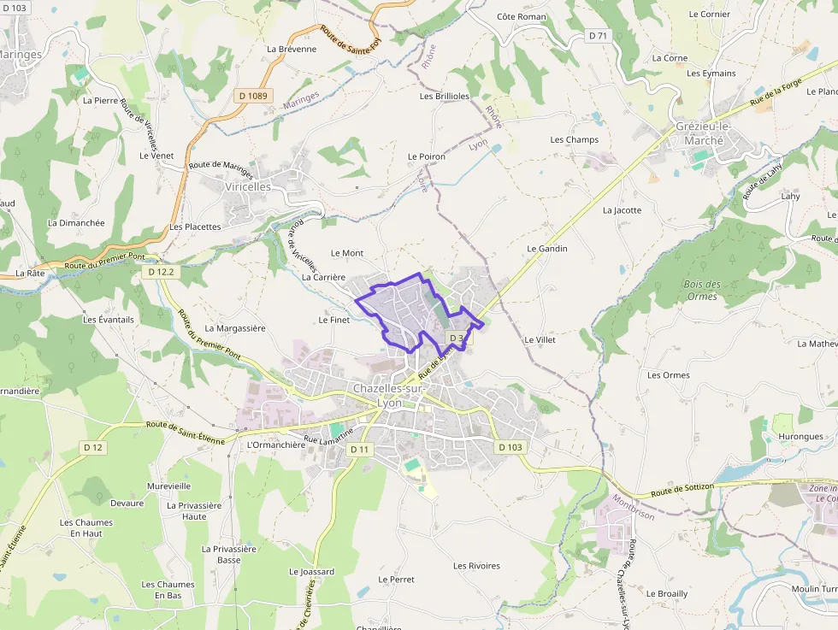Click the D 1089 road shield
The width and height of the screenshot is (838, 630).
tap(253, 96)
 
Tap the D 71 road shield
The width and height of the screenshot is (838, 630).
tap(599, 35)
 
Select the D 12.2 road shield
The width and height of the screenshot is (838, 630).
tap(160, 272)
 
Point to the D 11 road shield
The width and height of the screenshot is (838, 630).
tap(360, 450)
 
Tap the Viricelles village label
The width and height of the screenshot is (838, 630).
tap(247, 186)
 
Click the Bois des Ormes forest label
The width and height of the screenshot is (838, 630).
tap(702, 290)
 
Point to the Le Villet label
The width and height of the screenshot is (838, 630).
tap(540, 339)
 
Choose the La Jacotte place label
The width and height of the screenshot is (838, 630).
tap(622, 210)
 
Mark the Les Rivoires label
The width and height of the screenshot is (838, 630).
tap(476, 566)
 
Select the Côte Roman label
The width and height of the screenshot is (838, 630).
tap(521, 17)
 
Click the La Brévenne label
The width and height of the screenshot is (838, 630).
tap(292, 49)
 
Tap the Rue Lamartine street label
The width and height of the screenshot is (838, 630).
tap(328, 437)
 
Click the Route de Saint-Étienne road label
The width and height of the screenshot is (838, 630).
tap(185, 433)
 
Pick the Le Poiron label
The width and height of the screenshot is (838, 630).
tap(426, 156)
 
